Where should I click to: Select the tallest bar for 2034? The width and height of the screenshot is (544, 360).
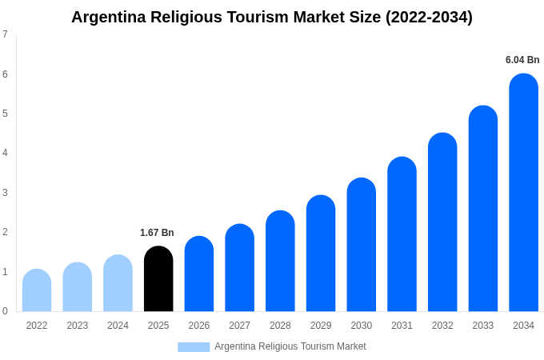pos(523,192)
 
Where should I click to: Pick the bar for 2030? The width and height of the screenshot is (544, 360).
pos(361,244)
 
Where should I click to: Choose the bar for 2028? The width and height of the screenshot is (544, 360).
pos(280,261)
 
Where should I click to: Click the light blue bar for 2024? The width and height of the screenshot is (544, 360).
pos(118,283)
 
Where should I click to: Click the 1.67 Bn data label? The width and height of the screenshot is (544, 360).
pos(157,233)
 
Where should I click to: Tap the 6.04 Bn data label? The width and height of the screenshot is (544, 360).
pos(522,60)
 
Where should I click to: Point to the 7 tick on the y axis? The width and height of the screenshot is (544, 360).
pos(5,34)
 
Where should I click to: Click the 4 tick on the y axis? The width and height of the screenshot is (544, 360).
pos(5,153)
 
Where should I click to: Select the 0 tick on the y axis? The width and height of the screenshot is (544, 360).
pos(5,311)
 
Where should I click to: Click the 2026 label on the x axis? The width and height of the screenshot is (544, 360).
pos(199,326)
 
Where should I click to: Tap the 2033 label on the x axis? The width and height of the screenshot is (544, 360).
pos(483,326)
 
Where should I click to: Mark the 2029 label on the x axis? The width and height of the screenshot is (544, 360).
pos(321,326)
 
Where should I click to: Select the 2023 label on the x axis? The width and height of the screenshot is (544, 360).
pos(78,326)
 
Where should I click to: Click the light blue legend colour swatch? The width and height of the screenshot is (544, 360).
pos(194,347)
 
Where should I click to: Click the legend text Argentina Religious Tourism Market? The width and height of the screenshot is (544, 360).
pos(290,346)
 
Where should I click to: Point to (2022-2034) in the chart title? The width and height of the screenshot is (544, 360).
pos(429,17)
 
